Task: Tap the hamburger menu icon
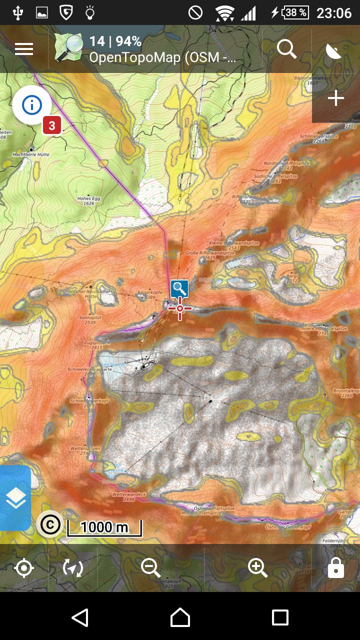pyautogui.click(x=24, y=49)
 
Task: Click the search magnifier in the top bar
pyautogui.click(x=286, y=49)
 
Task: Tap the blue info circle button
pyautogui.click(x=32, y=105)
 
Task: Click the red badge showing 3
pyautogui.click(x=51, y=125)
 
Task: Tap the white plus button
pyautogui.click(x=335, y=98)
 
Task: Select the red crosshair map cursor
pyautogui.click(x=180, y=308)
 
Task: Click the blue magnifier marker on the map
pyautogui.click(x=179, y=288)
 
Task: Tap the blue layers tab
pyautogui.click(x=15, y=498)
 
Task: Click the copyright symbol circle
pyautogui.click(x=49, y=524)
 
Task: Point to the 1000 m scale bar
pyautogui.click(x=104, y=528)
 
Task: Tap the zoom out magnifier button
pyautogui.click(x=150, y=568)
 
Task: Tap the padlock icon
pyautogui.click(x=335, y=568)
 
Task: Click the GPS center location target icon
pyautogui.click(x=24, y=568)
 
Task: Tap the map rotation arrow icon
pyautogui.click(x=73, y=568)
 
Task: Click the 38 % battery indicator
pyautogui.click(x=295, y=12)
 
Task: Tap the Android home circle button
pyautogui.click(x=180, y=617)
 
